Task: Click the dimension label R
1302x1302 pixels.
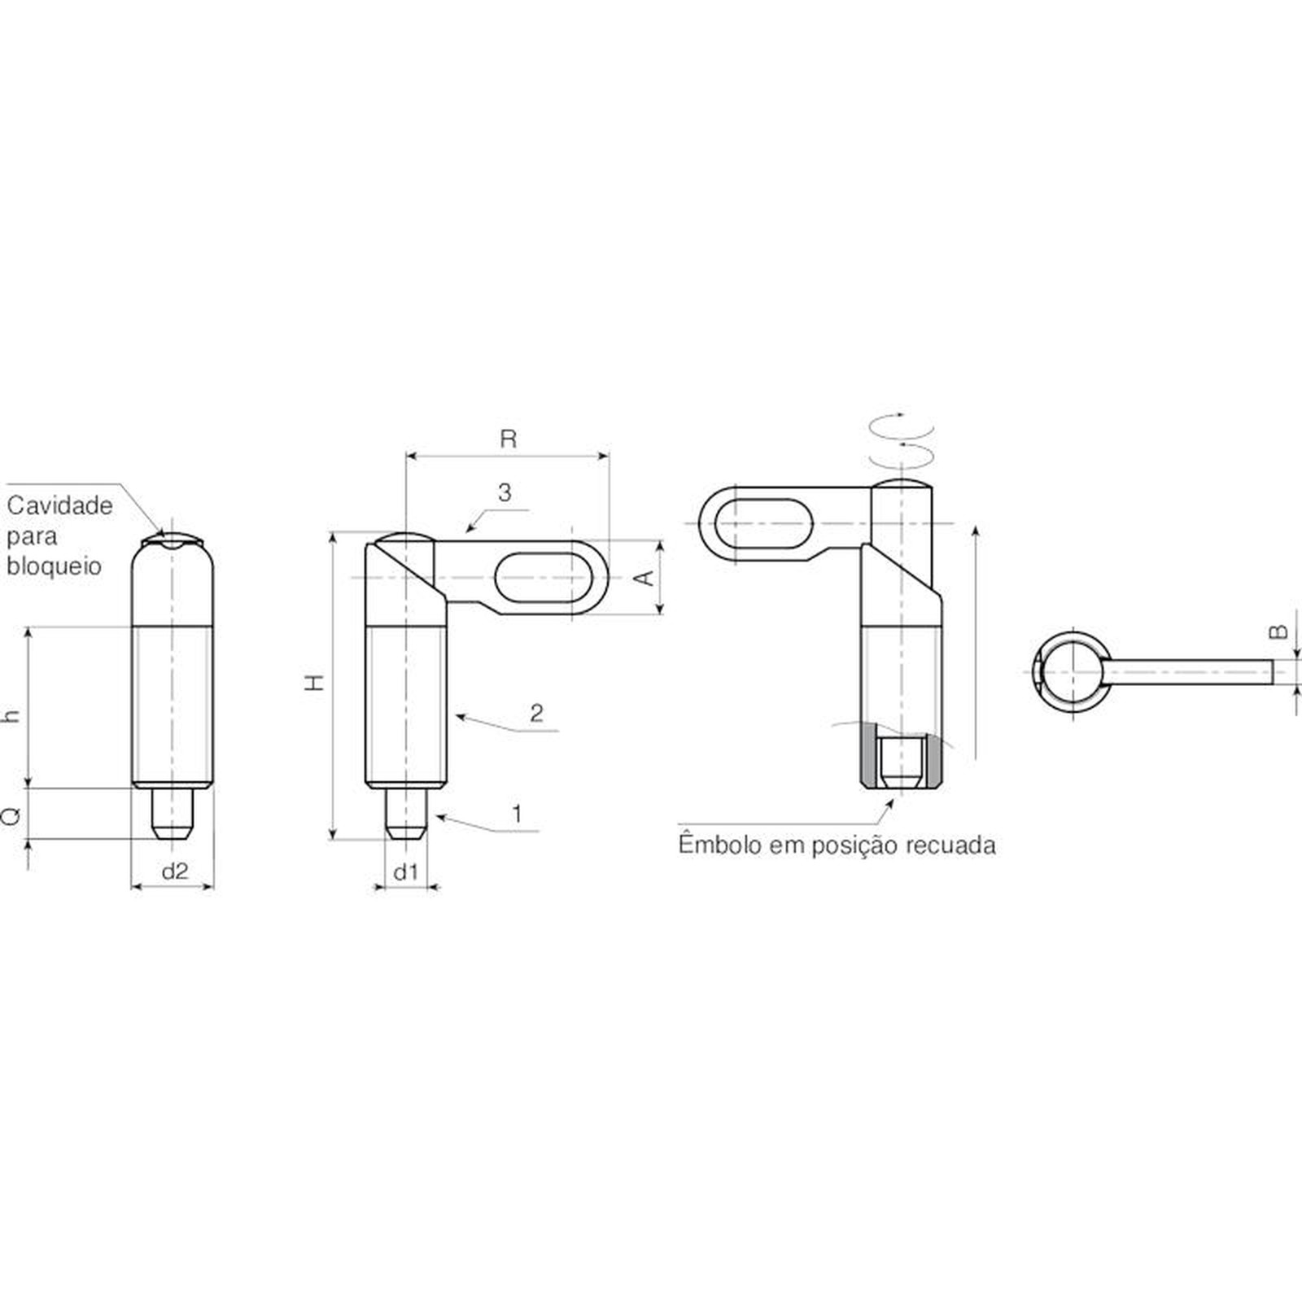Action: (508, 439)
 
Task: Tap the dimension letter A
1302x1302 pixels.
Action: (644, 578)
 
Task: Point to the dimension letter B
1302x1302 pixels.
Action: (1278, 631)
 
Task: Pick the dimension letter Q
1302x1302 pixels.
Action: (11, 815)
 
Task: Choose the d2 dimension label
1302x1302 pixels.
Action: (175, 872)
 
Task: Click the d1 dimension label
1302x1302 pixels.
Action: (405, 872)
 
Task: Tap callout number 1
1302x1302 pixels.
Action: (516, 813)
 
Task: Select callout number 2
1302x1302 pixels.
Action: (536, 714)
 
